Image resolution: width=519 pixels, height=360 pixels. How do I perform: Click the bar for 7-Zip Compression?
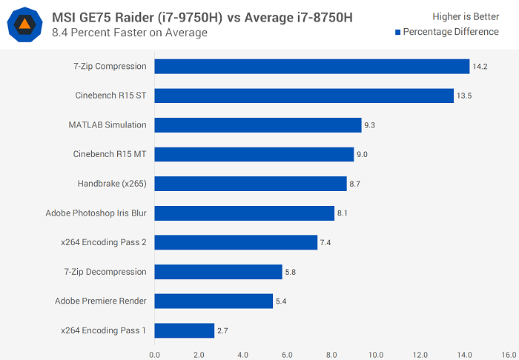[311, 67]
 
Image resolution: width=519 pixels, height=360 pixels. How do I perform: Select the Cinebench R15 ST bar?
[304, 96]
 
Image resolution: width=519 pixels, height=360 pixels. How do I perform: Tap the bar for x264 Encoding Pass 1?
[184, 330]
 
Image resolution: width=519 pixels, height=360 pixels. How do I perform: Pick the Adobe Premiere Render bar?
[214, 301]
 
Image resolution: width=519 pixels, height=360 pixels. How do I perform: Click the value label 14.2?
[480, 67]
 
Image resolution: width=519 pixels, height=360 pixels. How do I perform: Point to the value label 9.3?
[370, 125]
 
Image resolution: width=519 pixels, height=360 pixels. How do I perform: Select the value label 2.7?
[223, 330]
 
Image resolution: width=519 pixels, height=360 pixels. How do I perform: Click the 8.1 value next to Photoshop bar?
[343, 213]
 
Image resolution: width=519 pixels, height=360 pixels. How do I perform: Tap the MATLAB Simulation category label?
[108, 124]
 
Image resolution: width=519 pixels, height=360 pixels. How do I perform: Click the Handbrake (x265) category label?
[112, 184]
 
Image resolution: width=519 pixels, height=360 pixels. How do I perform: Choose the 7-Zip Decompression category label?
[105, 272]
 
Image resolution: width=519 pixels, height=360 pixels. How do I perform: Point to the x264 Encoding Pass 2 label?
[104, 242]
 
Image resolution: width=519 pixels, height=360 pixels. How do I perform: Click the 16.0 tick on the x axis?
[509, 354]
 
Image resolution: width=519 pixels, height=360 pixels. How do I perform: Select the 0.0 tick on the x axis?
[154, 354]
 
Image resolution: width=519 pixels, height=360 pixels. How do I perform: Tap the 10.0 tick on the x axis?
[376, 354]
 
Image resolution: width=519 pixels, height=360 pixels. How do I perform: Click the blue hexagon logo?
[24, 24]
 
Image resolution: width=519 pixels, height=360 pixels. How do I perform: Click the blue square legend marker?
[398, 32]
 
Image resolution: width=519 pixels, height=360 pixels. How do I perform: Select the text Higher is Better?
[466, 16]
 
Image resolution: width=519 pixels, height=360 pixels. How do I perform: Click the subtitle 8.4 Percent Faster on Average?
[130, 33]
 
